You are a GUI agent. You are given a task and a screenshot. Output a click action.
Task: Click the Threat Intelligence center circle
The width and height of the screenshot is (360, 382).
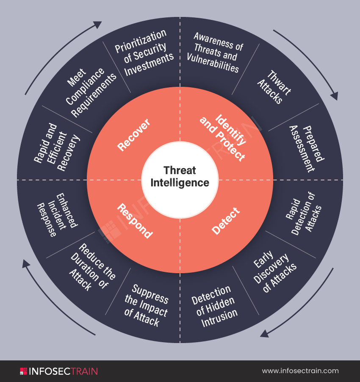point(180,177)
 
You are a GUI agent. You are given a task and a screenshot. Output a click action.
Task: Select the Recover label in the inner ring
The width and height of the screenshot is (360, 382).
point(134,135)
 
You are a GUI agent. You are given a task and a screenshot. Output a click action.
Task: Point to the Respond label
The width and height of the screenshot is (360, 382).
point(135,221)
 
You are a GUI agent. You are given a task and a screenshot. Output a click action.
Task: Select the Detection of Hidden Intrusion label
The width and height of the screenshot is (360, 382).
point(214,307)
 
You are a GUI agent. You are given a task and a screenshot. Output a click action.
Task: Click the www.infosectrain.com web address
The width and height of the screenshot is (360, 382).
point(300,371)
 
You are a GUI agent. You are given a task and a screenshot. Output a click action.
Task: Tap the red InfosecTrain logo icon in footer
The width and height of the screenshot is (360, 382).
point(23,371)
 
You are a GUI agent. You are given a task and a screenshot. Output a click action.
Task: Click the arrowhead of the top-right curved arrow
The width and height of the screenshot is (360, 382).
point(334,96)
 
